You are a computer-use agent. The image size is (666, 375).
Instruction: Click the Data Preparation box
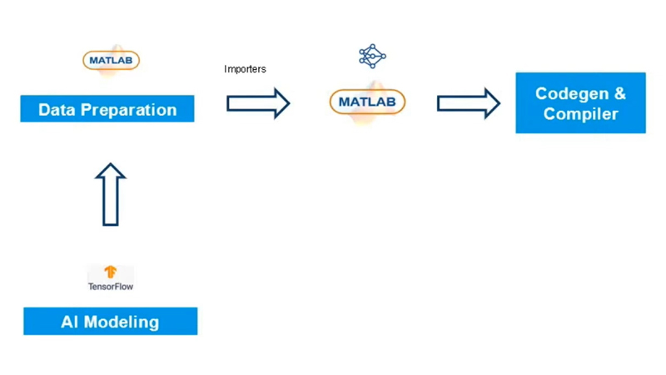click(107, 109)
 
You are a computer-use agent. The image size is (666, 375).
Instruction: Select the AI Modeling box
click(110, 322)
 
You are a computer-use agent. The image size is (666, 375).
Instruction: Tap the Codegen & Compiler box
click(580, 103)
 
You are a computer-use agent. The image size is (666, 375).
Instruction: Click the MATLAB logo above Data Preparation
click(111, 60)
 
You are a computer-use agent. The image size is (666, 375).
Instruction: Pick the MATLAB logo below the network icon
click(367, 102)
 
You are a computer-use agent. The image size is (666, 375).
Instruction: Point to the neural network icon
click(372, 57)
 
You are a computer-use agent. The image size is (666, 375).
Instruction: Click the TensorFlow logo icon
click(111, 272)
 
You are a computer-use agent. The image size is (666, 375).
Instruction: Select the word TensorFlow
click(111, 287)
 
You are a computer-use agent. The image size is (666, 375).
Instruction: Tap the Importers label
click(245, 69)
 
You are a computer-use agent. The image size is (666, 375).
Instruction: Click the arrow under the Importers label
click(258, 103)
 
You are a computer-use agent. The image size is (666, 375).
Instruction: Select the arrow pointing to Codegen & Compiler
click(469, 103)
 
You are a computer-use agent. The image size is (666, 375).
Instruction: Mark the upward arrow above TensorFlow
click(111, 195)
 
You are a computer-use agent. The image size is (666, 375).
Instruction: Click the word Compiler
click(580, 114)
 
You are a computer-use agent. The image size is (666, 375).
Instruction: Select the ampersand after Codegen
click(619, 93)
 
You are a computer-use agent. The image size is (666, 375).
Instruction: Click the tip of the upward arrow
click(111, 166)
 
